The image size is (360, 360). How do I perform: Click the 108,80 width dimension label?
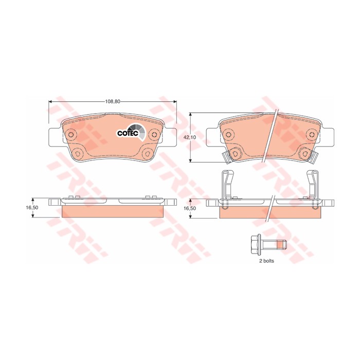coord(113,102)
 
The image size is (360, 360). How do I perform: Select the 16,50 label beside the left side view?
coord(32,207)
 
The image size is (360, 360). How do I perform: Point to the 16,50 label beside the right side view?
coord(190,208)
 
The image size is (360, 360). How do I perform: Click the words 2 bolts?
coord(266,261)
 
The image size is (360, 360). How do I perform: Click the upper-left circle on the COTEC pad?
coord(71,135)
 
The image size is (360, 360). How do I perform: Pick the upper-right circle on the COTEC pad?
coord(155,134)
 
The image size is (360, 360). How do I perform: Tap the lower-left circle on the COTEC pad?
coord(78,153)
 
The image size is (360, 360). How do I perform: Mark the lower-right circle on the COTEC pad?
coord(148,153)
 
